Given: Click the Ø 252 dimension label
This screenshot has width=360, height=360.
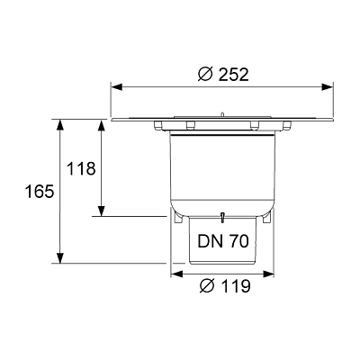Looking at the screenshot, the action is pos(223,75).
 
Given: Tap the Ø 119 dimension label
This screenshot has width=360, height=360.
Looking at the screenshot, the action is pos(225,286).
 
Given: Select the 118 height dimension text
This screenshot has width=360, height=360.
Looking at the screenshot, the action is pos(81,168).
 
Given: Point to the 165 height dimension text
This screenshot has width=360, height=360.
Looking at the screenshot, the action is pos(40,192).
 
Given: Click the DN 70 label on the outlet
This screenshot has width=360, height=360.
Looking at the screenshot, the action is pos(223,240).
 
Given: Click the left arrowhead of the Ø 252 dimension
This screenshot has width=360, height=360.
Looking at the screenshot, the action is pos(117,87).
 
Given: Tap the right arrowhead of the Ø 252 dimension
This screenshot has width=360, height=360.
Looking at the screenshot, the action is pos(328,87).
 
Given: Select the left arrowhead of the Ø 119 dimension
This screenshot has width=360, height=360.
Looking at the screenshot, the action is pos(176,274).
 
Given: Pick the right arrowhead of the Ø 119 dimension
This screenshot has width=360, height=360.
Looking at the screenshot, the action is pos(268,274).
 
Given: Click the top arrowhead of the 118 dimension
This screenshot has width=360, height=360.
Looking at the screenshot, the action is pos(102,125).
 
